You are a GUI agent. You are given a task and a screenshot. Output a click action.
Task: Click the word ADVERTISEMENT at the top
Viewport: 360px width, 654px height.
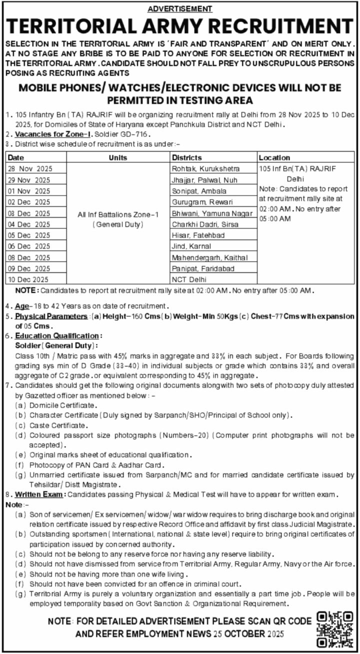point(180,9)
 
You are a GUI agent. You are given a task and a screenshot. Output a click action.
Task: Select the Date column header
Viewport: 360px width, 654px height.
point(16,157)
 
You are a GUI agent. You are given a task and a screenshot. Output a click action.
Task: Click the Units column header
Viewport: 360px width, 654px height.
point(117,157)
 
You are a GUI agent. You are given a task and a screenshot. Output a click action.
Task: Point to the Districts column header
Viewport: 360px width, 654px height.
point(187,157)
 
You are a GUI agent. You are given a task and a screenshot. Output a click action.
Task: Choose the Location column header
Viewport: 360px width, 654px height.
point(274,157)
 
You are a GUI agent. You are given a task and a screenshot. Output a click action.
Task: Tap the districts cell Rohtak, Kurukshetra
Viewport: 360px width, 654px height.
point(205,168)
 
